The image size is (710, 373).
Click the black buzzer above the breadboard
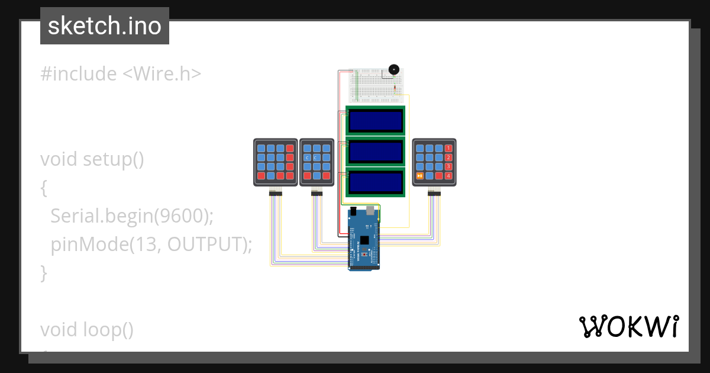tap(393, 70)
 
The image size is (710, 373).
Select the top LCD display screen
tap(376, 121)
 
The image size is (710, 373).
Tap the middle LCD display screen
tap(376, 152)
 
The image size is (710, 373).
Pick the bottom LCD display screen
tap(376, 182)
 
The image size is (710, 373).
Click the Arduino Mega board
tap(363, 240)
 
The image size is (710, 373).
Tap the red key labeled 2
tap(448, 157)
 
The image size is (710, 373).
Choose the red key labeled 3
tap(448, 166)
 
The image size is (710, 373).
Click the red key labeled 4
tap(448, 176)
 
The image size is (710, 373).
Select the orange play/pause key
tap(419, 176)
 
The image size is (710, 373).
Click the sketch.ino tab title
tap(105, 26)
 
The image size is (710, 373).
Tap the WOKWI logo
tap(628, 326)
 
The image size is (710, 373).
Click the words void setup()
tap(92, 159)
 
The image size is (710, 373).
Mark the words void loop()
tap(87, 330)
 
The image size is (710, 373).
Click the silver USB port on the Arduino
tap(372, 210)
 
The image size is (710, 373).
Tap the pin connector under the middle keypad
tap(317, 193)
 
